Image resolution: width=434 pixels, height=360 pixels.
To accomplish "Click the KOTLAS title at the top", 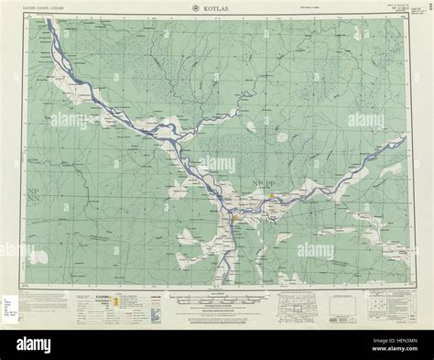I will (x=217, y=8).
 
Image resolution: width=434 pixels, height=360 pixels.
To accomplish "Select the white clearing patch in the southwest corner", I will (x=38, y=257).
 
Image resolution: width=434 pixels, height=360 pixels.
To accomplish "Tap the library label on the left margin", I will (x=11, y=302).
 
